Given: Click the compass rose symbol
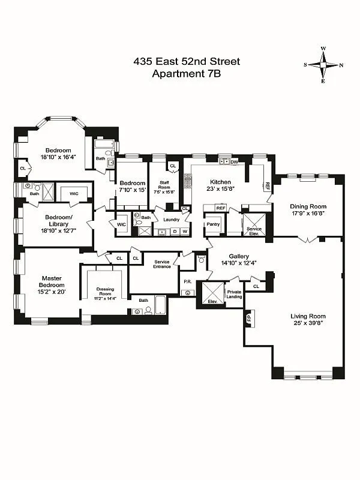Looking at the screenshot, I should point(323,65).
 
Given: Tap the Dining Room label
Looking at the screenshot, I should point(308,205).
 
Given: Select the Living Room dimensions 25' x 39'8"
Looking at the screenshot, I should point(308,324).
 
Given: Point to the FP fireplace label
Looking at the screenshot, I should point(250,316).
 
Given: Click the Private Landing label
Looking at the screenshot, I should point(234,294).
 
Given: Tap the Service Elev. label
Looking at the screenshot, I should point(254,230).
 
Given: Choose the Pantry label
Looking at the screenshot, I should point(213,224).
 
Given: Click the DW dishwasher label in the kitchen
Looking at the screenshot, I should point(234,162).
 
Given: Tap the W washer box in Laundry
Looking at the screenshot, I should point(185,231).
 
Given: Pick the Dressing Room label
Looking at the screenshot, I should point(105,290).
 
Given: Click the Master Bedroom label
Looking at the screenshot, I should point(52,283).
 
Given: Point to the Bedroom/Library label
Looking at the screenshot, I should point(58,220).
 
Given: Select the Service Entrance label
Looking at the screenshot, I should point(162,264).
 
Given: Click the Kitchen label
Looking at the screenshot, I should point(220,182).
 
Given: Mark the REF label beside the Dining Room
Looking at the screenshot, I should point(268,186).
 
